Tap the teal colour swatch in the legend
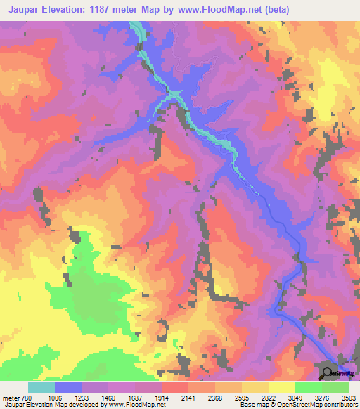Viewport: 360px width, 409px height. (41, 387)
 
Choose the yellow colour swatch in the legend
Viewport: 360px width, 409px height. (282, 387)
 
